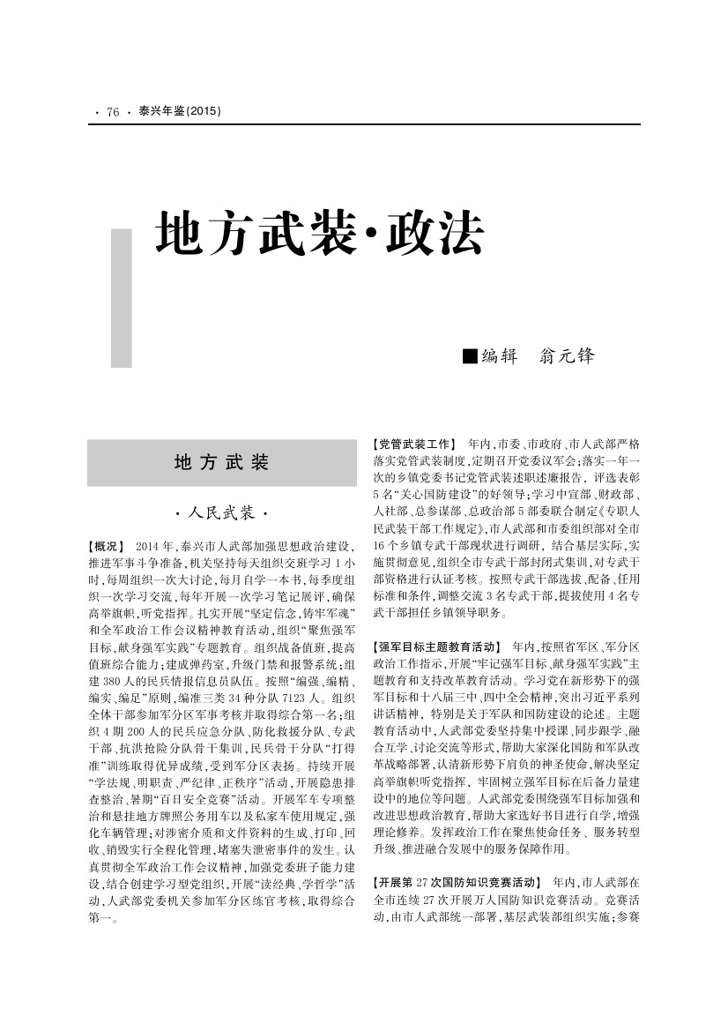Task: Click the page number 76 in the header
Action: pyautogui.click(x=113, y=112)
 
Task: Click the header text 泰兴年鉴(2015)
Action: pyautogui.click(x=180, y=112)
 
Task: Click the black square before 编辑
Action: pyautogui.click(x=469, y=356)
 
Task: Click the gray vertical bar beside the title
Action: pyautogui.click(x=121, y=300)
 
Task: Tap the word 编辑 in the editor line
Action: pyautogui.click(x=500, y=356)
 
